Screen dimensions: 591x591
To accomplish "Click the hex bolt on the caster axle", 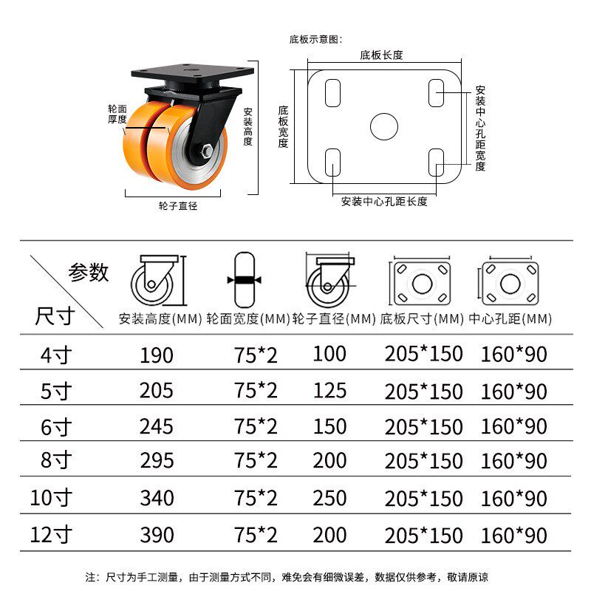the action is [x=207, y=151].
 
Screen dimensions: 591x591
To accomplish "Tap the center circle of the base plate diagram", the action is [x=384, y=126].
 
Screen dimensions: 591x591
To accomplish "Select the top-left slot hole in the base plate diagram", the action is [x=333, y=93].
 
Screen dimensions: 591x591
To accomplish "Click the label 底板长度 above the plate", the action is [x=381, y=55].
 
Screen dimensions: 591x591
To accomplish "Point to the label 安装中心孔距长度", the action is [x=384, y=202].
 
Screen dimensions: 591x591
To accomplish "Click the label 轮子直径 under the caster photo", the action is [x=178, y=206].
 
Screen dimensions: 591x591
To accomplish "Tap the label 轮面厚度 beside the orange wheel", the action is [x=117, y=115].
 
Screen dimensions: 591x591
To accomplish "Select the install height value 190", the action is [x=157, y=355].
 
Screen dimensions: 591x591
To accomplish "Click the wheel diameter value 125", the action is [x=329, y=391].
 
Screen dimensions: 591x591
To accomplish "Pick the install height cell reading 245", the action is [x=157, y=427].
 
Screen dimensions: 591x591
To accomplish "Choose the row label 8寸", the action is [x=56, y=460].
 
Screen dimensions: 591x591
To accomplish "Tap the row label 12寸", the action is [x=51, y=535].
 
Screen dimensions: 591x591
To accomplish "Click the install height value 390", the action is [x=157, y=535].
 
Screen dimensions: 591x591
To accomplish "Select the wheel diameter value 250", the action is [x=329, y=498].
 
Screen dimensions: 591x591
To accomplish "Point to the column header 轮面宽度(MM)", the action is [x=248, y=319].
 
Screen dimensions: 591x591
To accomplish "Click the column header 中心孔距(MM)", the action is [x=510, y=319].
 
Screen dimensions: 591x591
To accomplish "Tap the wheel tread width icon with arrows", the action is [x=245, y=280].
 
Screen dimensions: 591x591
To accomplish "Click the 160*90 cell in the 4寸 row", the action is [x=513, y=355].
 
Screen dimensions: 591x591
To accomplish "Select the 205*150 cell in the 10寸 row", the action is [x=423, y=498].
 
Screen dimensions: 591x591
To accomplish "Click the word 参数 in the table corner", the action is [x=89, y=272].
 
